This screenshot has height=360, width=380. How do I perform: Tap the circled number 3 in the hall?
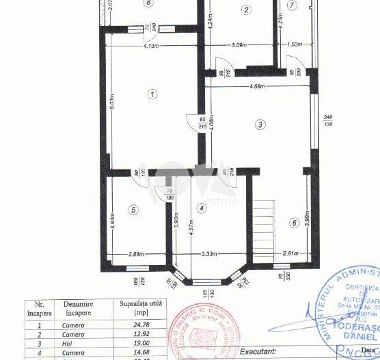pyautogui.click(x=260, y=124)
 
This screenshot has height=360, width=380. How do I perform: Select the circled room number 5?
pyautogui.click(x=134, y=209)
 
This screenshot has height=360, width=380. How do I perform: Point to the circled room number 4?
pyautogui.click(x=201, y=208)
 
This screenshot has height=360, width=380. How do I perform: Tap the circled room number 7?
pyautogui.click(x=292, y=5)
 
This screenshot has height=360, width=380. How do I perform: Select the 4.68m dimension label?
pyautogui.click(x=258, y=86)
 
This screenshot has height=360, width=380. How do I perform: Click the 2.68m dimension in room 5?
pyautogui.click(x=137, y=255)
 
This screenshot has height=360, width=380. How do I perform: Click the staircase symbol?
pyautogui.click(x=264, y=222)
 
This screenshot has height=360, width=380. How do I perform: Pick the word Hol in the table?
pyautogui.click(x=73, y=344)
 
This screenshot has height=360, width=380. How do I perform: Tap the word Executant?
pyautogui.click(x=257, y=350)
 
